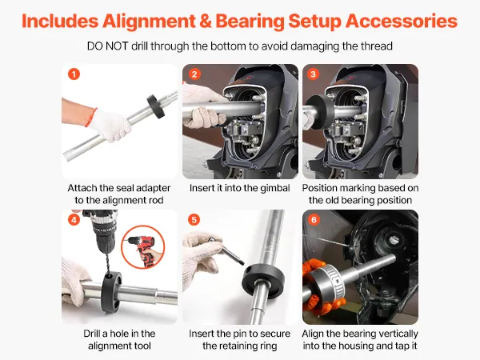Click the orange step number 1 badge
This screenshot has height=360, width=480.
(x=74, y=74)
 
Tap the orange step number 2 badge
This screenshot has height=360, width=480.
(x=194, y=74)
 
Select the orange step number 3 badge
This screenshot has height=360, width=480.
(x=313, y=74)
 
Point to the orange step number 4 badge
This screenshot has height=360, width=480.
(x=74, y=219)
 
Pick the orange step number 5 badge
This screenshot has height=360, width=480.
(x=194, y=219)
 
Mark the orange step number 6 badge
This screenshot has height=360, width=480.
(x=314, y=219)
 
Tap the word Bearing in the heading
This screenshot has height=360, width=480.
(x=250, y=22)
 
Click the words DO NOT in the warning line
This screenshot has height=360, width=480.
(x=107, y=46)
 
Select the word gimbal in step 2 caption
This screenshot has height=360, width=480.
(x=275, y=188)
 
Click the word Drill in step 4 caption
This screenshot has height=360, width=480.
(x=91, y=334)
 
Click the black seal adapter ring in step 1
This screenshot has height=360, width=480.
(x=156, y=106)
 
